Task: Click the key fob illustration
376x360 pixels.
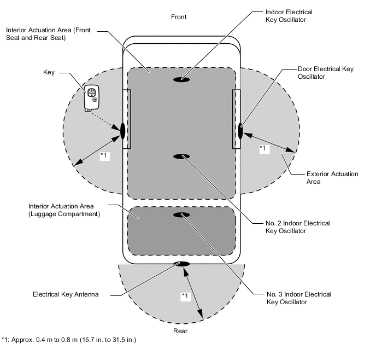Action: pos(91,98)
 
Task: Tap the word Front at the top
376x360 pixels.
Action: pos(179,17)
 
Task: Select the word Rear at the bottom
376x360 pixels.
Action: pos(180,331)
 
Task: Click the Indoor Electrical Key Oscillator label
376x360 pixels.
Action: pos(289,16)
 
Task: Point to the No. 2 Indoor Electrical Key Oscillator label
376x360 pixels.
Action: pos(298,227)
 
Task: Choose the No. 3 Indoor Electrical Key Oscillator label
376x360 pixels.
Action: pos(298,298)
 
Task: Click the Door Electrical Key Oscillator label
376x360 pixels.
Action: pos(325,73)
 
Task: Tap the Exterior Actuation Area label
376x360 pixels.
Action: pos(332,178)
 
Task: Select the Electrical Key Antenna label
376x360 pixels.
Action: pos(66,294)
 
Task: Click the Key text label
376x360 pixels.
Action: pos(49,72)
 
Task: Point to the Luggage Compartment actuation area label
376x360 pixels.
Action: pos(64,210)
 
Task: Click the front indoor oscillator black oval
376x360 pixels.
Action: pos(181,79)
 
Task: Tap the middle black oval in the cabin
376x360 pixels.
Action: pos(181,156)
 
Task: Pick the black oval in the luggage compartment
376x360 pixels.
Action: pos(181,215)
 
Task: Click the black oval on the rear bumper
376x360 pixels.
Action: pos(181,264)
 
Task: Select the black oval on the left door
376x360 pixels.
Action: pos(122,131)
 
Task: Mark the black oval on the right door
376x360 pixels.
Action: pos(240,131)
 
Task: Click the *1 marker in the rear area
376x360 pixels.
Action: pos(185,296)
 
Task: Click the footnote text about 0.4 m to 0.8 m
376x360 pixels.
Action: pos(69,340)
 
